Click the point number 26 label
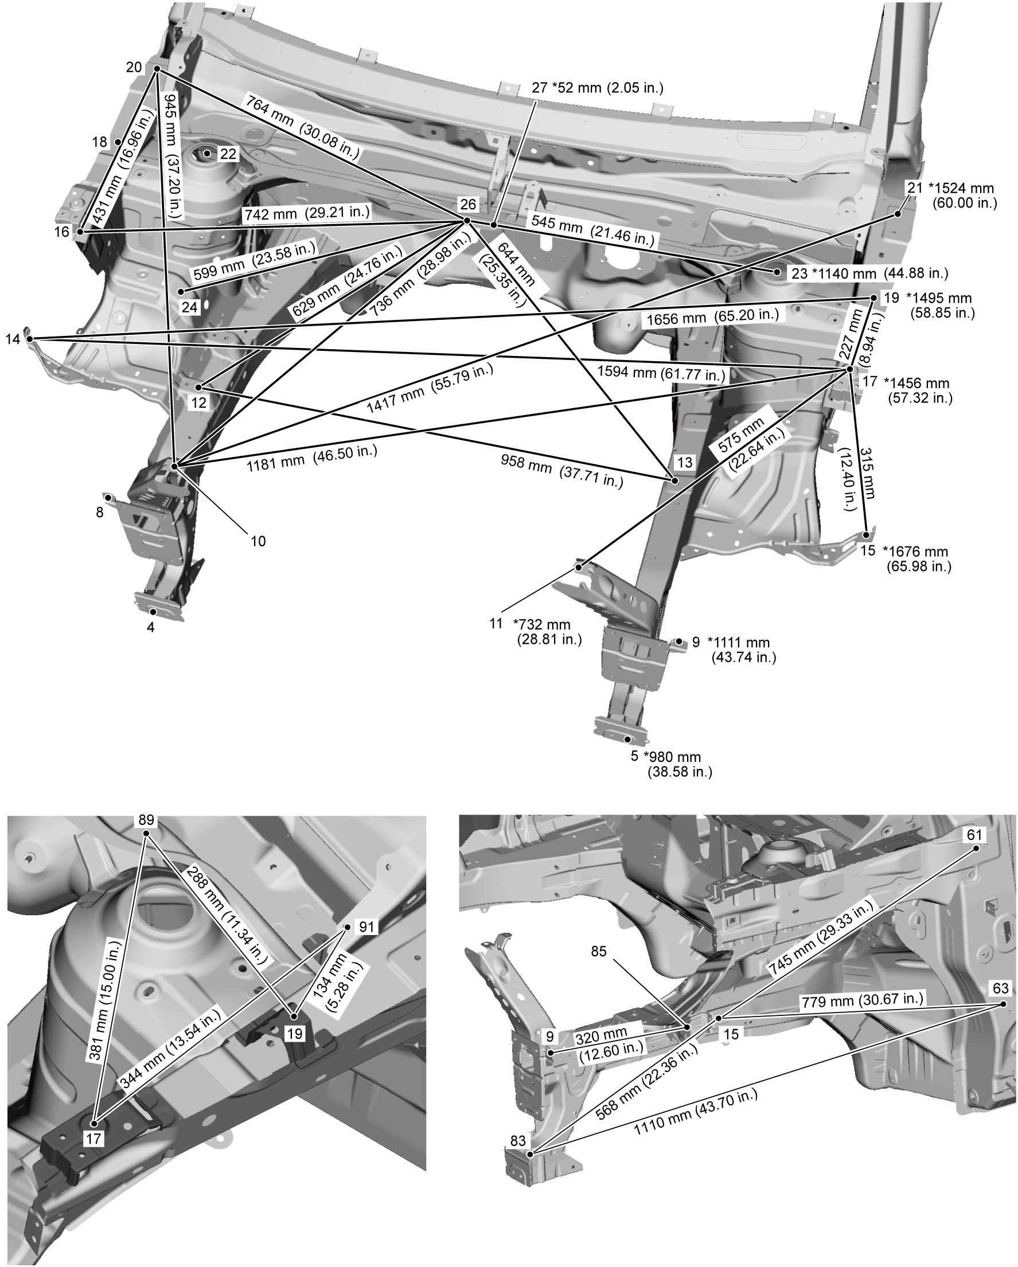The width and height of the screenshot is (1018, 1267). click(x=468, y=205)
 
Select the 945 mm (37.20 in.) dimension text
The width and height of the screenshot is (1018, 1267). click(x=173, y=156)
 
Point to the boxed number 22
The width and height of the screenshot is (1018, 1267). click(x=228, y=154)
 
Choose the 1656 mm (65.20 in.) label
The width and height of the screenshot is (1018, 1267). click(x=712, y=318)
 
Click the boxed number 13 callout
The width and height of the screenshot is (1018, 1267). click(x=685, y=463)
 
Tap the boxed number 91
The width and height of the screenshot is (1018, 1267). click(x=366, y=926)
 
